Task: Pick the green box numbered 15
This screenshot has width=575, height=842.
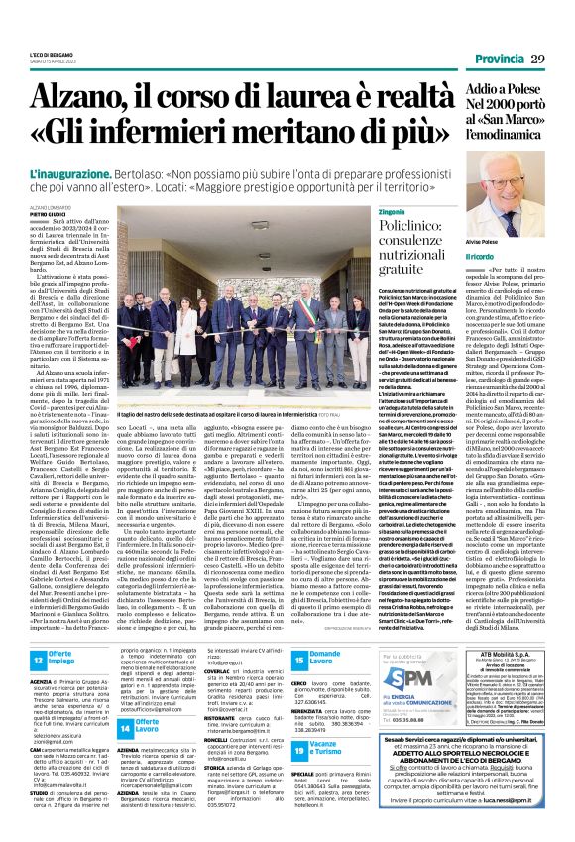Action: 298,657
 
